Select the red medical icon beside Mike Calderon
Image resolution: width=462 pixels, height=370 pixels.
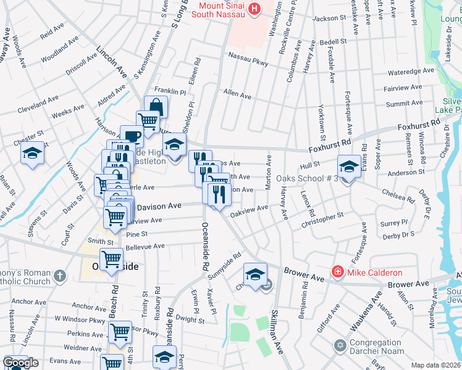pyautogui.click(x=337, y=271)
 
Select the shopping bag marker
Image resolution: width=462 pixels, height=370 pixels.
pyautogui.click(x=156, y=106)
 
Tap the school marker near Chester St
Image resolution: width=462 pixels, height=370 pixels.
pyautogui.click(x=32, y=154)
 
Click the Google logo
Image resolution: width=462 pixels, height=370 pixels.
pyautogui.click(x=20, y=363)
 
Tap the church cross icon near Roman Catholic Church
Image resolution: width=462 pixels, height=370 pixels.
pyautogui.click(x=59, y=275)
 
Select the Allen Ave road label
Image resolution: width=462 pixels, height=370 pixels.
pyautogui.click(x=237, y=95)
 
